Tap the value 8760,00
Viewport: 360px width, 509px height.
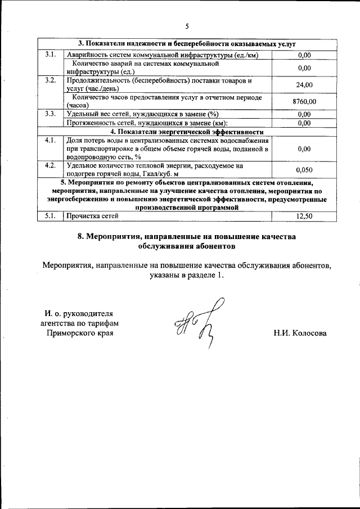pyautogui.click(x=304, y=101)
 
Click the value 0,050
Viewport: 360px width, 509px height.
pyautogui.click(x=304, y=169)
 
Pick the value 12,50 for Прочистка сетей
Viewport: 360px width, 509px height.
pyautogui.click(x=304, y=215)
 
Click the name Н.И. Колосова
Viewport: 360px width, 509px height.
pyautogui.click(x=300, y=333)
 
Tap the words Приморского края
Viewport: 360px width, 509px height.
pyautogui.click(x=79, y=333)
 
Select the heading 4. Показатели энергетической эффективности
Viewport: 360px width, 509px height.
pyautogui.click(x=183, y=131)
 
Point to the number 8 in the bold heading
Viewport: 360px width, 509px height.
pyautogui.click(x=80, y=236)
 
